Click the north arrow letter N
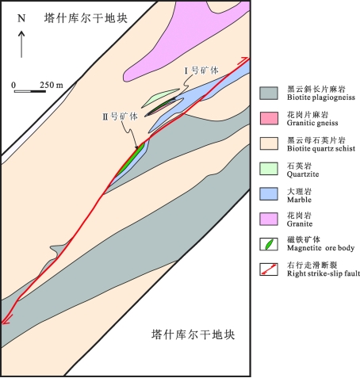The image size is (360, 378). [21, 18]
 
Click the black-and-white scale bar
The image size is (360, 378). [30, 91]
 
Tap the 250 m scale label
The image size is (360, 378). [52, 85]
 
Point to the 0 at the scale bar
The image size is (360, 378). [13, 85]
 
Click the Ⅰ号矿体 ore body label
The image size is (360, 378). [201, 71]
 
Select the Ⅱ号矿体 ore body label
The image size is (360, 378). [121, 116]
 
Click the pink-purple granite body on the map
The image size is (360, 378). [185, 40]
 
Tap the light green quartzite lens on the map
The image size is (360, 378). [159, 98]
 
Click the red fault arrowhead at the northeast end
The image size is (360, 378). [243, 61]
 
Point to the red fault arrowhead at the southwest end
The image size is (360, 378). [6, 319]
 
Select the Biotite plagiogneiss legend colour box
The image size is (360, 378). [269, 94]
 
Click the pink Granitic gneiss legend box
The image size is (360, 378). [269, 118]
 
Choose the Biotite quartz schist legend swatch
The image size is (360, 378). [269, 143]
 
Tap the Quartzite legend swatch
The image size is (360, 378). [269, 169]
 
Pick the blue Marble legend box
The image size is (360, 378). [269, 194]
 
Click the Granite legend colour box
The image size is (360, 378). [269, 219]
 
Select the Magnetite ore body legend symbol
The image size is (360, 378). [269, 244]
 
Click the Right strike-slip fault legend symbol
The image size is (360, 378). [269, 269]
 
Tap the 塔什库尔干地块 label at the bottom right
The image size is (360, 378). [193, 334]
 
